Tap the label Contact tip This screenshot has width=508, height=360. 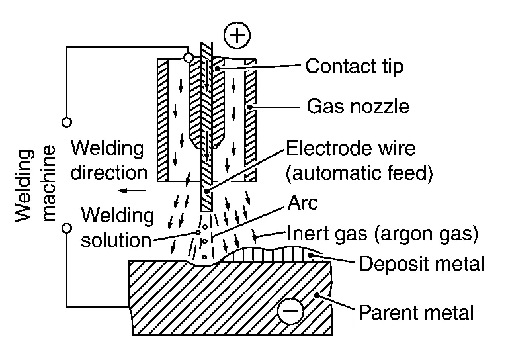(354, 66)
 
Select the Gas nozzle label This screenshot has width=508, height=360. (358, 106)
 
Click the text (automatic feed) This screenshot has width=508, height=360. (358, 173)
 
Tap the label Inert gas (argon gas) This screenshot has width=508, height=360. (382, 233)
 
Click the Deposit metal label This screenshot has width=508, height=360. (421, 265)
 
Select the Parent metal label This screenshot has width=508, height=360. (416, 311)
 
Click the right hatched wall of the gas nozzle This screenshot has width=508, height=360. (250, 119)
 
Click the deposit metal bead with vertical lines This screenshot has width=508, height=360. (278, 253)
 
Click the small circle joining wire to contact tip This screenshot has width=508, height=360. (189, 58)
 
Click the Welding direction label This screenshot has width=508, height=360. (108, 159)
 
